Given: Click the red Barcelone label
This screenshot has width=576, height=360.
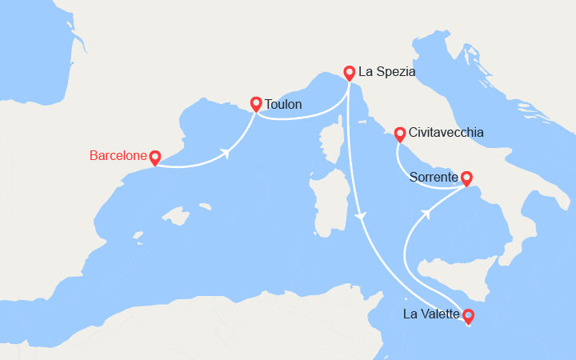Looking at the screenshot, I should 118,156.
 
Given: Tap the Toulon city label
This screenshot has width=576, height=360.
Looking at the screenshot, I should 283,104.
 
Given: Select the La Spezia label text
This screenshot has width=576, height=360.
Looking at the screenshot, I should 387,72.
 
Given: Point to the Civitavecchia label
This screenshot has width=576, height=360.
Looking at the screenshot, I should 446,132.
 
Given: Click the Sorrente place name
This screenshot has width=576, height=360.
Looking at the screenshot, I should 434,177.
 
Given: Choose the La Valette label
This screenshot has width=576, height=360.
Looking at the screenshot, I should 431,314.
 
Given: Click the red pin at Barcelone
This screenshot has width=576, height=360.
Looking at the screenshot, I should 155,158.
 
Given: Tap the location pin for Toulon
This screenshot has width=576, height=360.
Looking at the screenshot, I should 256,103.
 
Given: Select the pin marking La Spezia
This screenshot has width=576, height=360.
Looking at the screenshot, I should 350,72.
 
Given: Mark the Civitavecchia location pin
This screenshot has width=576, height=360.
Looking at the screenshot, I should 399,132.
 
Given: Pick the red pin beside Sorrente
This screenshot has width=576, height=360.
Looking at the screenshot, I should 466,178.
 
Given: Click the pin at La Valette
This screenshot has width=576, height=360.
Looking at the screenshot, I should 468,315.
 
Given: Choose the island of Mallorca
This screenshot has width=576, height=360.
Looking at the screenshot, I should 178,217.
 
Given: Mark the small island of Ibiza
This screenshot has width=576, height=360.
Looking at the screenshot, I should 138,238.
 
